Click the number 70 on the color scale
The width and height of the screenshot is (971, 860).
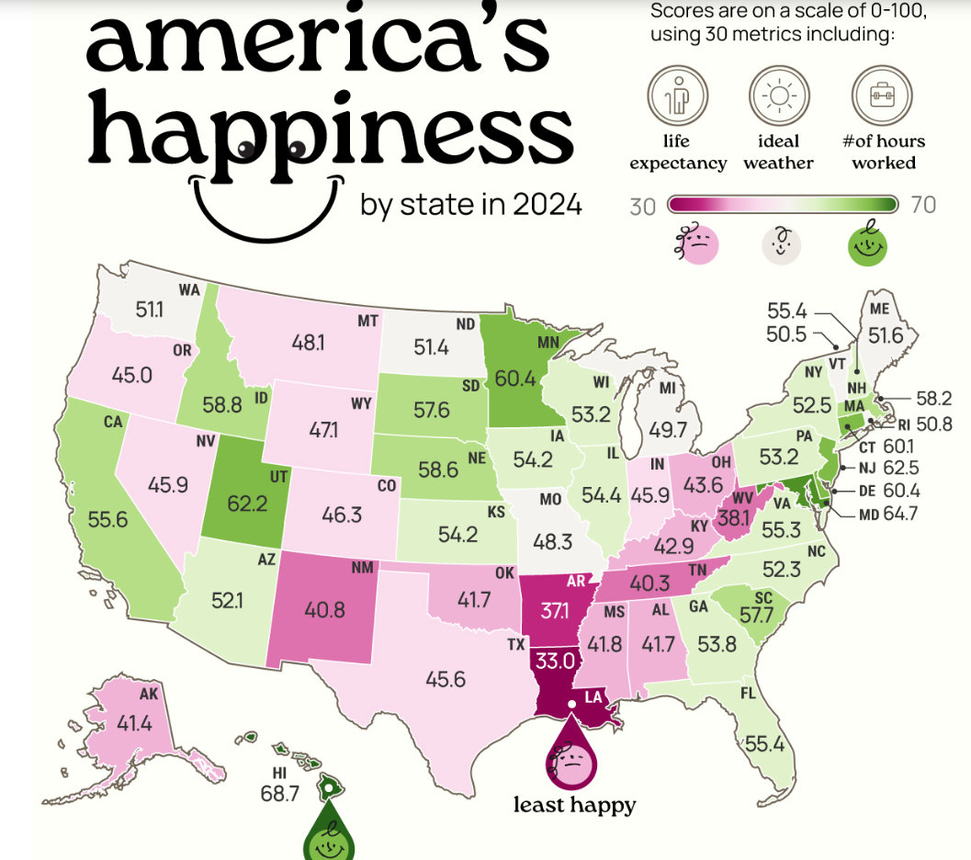click(922, 205)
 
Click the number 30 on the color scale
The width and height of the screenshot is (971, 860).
click(642, 207)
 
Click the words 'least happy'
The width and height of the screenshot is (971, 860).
click(575, 806)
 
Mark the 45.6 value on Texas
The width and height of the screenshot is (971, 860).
click(446, 679)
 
